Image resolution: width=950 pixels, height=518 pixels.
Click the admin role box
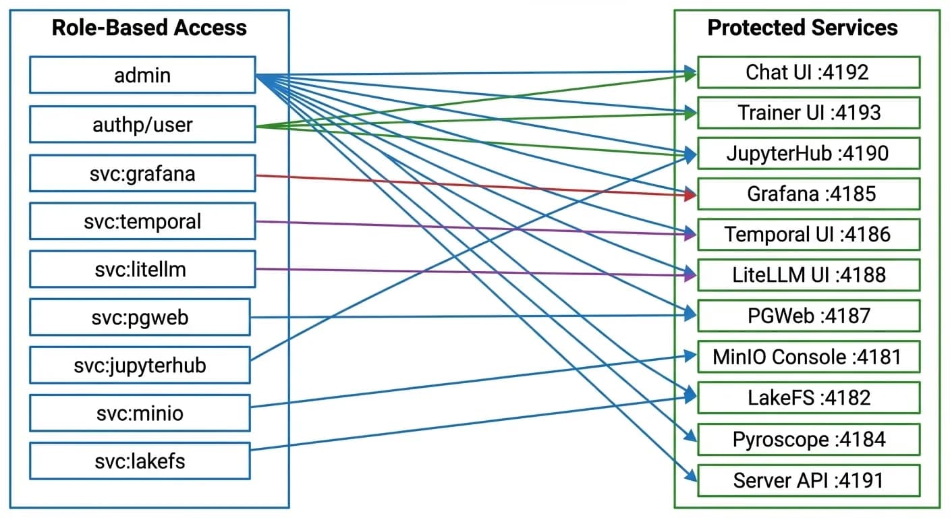click(x=142, y=75)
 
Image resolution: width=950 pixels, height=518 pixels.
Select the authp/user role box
click(x=142, y=124)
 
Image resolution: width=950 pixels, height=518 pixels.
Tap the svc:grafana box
click(x=142, y=173)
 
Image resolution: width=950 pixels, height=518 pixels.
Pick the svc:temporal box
click(x=142, y=221)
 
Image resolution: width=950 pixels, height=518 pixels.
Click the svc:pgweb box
click(x=140, y=317)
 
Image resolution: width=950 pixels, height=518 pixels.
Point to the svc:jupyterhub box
click(x=140, y=365)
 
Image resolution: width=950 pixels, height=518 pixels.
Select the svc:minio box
click(x=140, y=413)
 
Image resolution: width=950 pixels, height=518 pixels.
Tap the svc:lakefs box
click(x=140, y=461)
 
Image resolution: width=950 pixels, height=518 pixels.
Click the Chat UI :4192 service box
click(x=808, y=72)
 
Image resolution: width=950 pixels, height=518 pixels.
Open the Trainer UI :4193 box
click(x=808, y=113)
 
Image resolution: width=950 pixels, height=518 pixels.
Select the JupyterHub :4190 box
click(x=808, y=153)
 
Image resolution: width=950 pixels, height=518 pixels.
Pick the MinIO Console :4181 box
click(x=808, y=357)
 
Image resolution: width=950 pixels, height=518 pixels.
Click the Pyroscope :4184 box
click(x=808, y=440)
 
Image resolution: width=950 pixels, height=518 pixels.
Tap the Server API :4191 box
click(x=808, y=481)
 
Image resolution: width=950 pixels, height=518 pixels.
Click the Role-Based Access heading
click(x=149, y=28)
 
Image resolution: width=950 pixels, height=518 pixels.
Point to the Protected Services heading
click(x=802, y=28)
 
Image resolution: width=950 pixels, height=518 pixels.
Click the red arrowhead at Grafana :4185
click(x=690, y=196)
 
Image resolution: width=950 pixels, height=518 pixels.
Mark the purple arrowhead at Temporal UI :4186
click(x=690, y=235)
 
